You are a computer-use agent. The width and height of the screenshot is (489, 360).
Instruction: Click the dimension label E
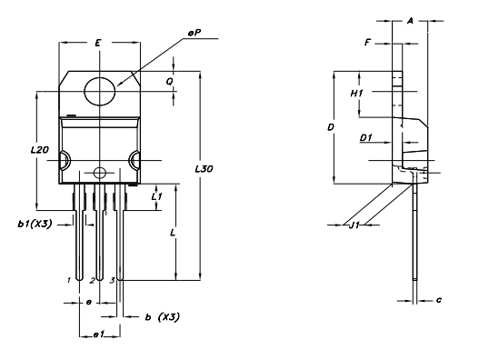click(97, 43)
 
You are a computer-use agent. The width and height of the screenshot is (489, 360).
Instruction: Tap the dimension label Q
click(169, 81)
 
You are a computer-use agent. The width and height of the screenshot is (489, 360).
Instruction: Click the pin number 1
click(68, 280)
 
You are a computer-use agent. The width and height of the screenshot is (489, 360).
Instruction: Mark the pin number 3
click(111, 280)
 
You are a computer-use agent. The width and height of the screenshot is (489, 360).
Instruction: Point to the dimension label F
click(367, 42)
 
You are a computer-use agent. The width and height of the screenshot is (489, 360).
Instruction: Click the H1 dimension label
click(357, 93)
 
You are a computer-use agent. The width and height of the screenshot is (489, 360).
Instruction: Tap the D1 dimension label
click(365, 138)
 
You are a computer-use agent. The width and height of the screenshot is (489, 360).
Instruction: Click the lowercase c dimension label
click(438, 299)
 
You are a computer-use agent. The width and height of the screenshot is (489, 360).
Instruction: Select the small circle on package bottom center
click(99, 173)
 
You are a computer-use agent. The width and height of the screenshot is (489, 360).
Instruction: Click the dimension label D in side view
click(331, 128)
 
